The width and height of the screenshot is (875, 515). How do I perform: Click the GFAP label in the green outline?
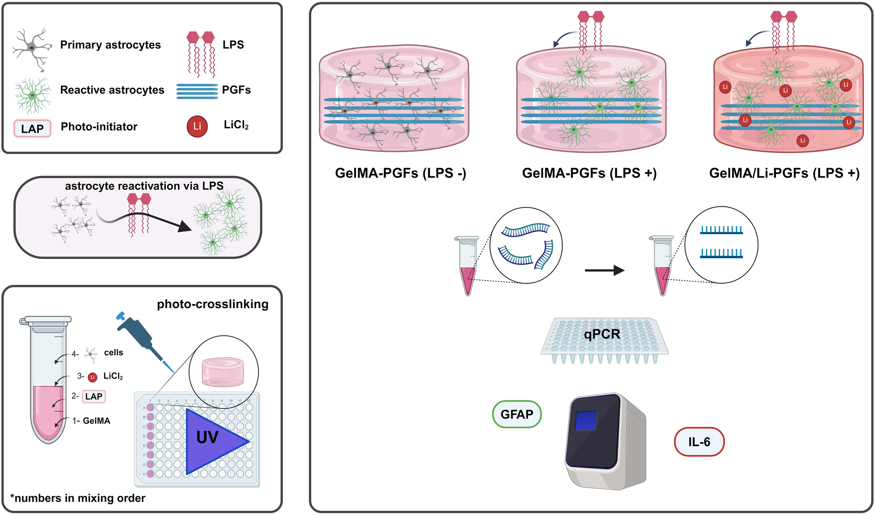517,414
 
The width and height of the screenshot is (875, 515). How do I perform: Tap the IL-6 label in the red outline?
699,442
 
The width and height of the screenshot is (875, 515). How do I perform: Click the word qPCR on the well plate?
602,334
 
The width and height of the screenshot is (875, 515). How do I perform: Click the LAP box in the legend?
32,129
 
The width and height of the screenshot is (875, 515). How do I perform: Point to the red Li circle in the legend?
197,126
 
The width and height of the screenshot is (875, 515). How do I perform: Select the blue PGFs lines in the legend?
197,91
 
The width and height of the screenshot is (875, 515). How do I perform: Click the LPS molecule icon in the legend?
201,54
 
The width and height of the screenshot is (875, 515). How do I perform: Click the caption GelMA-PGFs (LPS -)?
400,173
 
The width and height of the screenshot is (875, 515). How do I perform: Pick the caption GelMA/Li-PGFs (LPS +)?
785,173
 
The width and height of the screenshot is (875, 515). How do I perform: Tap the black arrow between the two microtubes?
604,270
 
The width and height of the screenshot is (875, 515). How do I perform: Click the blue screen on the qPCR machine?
586,420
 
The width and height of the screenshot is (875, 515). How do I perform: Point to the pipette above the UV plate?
145,342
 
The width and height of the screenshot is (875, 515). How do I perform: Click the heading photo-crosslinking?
213,304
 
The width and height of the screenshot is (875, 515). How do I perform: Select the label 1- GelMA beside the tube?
91,421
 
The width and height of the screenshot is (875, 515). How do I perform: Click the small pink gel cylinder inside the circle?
222,372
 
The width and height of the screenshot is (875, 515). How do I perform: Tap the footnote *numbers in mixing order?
78,498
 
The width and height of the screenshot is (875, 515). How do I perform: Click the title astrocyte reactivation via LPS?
144,186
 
